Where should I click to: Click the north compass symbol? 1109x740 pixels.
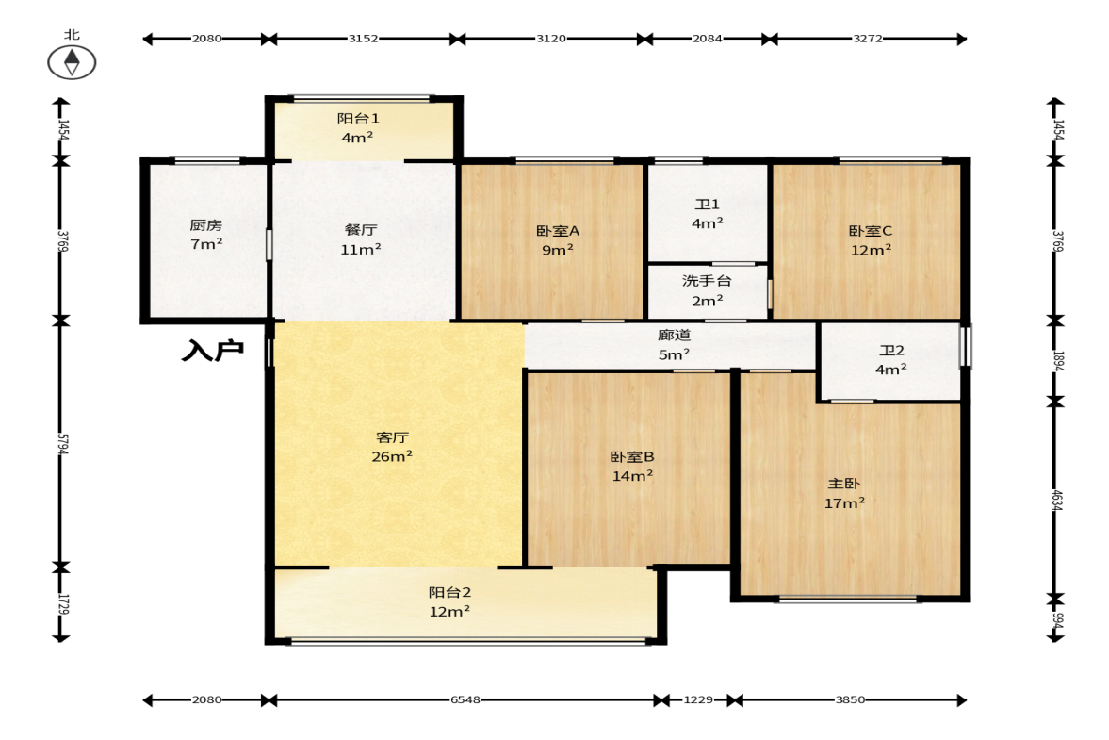point(72,62)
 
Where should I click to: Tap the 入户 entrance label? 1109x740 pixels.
point(213,350)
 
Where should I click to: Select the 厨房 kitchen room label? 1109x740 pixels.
point(205,225)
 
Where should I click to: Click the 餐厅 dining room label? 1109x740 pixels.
point(361,230)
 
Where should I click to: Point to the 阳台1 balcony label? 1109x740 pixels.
point(358,119)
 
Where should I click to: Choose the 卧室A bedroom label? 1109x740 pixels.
point(558,231)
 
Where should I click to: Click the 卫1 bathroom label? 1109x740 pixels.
point(708,205)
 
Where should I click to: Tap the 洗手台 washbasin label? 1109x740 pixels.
point(707,281)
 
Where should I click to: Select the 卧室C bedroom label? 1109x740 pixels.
point(871,231)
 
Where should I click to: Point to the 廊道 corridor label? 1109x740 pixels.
point(674,336)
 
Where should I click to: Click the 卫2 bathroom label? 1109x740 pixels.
point(891,351)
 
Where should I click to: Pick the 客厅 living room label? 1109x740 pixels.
point(393,438)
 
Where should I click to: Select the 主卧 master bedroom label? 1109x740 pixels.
point(844,484)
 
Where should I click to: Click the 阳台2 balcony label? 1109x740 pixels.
point(449,593)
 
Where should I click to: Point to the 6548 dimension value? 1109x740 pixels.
point(465,699)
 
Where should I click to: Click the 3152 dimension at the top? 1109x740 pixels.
point(363,39)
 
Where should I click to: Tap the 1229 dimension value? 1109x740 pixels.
point(698,699)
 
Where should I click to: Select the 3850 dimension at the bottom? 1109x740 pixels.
point(850,699)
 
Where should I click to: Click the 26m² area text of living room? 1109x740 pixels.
point(393,457)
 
